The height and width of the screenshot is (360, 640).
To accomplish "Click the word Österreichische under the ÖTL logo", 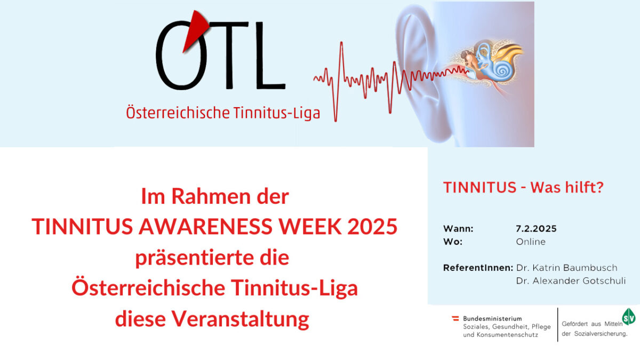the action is (x=178, y=113).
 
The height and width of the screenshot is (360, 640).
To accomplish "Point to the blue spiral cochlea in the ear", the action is (x=503, y=70).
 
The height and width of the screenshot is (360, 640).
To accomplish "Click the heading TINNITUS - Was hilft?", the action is (x=523, y=187).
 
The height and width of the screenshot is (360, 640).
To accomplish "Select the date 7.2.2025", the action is (x=537, y=229).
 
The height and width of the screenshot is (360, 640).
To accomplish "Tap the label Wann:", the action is (x=458, y=229).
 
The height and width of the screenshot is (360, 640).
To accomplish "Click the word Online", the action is (x=531, y=242).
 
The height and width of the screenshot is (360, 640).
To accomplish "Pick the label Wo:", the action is (x=453, y=242).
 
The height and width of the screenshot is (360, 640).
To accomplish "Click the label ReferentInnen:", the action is (x=478, y=268).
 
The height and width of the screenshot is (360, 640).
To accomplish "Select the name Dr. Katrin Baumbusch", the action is (x=566, y=268).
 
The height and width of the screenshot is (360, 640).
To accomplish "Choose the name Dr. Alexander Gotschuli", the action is (x=571, y=281).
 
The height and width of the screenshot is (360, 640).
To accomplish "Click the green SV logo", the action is (x=629, y=317).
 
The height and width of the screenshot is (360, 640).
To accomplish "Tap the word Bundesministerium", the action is (x=493, y=318).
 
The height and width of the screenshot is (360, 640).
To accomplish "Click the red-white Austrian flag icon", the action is (x=455, y=318).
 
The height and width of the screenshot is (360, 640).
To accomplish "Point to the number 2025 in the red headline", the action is (x=372, y=226).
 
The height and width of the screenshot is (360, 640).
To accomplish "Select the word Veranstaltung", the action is (x=240, y=319).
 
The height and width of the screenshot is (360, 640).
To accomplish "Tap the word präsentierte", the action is (x=194, y=258).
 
